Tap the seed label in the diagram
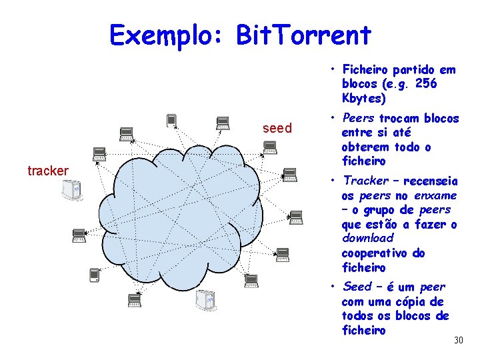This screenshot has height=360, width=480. pos(277,128)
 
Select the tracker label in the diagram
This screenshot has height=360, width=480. pos(48,171)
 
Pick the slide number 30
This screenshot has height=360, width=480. pos(458,341)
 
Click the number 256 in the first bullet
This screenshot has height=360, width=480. pos(426,83)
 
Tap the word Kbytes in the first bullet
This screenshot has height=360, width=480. pos(364,99)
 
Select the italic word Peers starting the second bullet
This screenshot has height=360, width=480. pos(358,118)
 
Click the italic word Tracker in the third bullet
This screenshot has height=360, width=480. pos(365,180)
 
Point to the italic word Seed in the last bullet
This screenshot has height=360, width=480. pos(357,287)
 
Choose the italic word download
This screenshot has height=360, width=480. pos(367,238)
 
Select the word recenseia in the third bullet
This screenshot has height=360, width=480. pos(431,180)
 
